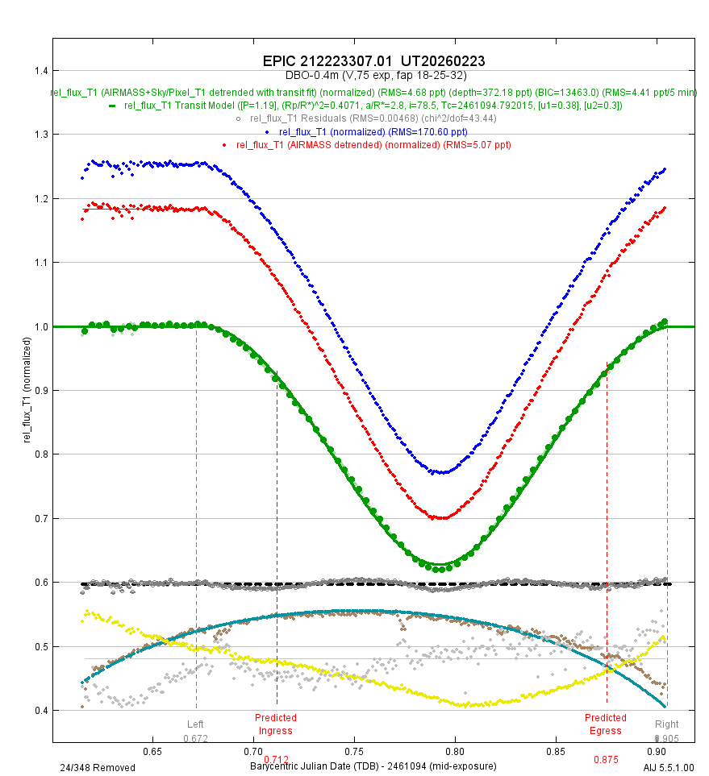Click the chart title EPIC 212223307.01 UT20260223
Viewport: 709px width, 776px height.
[373, 61]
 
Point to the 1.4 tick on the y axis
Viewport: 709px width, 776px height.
[38, 71]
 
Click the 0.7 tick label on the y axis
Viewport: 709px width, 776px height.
[38, 518]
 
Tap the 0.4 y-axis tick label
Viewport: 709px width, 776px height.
[38, 711]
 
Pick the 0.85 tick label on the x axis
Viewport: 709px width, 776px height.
[556, 751]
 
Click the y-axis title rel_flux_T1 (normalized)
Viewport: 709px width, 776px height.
[27, 390]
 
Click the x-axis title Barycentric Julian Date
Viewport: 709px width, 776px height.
[373, 766]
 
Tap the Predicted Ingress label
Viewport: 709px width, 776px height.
[276, 724]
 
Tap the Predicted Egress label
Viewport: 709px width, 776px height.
[606, 724]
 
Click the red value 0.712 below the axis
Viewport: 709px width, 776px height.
[276, 760]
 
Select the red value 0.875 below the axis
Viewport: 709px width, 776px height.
[607, 760]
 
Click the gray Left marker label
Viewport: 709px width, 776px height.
[196, 724]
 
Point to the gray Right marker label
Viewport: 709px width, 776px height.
[667, 724]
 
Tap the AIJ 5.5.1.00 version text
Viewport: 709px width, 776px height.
[669, 768]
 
